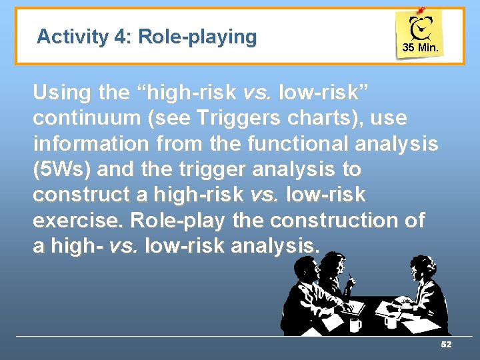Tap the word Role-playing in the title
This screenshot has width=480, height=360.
coord(197,37)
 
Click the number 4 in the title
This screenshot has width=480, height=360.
coord(122,37)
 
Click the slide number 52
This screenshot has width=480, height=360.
coord(446,344)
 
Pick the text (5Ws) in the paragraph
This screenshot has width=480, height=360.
coord(61,169)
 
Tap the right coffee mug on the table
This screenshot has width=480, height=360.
coord(391,321)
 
